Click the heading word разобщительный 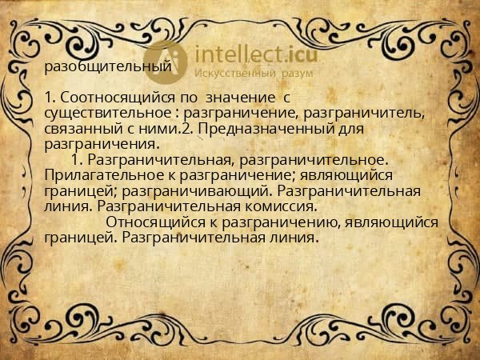[x=108, y=67]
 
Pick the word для [x=353, y=128]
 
